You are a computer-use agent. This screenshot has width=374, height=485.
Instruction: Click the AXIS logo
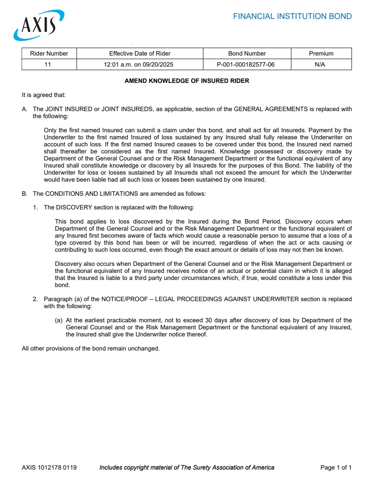coord(39,26)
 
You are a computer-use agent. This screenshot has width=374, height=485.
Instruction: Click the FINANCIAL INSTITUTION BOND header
coord(292,17)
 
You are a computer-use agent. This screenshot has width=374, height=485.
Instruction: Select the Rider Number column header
coord(49,53)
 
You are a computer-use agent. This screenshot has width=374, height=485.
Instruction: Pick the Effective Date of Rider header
coord(140,53)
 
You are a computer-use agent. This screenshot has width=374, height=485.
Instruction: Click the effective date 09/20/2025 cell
coord(140,64)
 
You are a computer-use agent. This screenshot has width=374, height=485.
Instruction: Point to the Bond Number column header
coord(247,53)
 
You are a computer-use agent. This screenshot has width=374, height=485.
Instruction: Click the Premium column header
coord(321,53)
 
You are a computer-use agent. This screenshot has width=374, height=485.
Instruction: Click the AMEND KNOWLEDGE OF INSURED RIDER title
coord(187,81)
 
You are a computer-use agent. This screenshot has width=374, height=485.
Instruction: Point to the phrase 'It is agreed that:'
coord(44,95)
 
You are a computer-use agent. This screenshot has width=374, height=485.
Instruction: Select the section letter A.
coord(24,109)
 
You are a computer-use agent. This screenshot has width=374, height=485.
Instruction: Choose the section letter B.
coord(24,194)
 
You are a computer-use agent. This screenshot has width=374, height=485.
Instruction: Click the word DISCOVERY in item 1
coord(74,207)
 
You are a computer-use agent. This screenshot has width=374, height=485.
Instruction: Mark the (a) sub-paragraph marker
coord(59,321)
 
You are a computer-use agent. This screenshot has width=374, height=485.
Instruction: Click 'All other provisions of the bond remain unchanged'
coord(90,348)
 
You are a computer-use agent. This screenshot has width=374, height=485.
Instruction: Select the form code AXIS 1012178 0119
coord(49,467)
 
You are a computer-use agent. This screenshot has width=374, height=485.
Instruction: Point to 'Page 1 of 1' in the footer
coord(336,467)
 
